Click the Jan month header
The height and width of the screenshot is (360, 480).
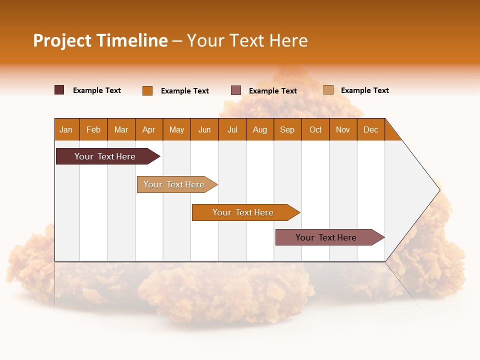coord(66,129)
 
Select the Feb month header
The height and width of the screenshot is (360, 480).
coord(93,129)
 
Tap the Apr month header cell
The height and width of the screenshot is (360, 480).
coord(149,129)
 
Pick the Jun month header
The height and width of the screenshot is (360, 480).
coord(204,129)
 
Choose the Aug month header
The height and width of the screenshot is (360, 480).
coord(260,129)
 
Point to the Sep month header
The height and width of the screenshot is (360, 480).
coord(287,129)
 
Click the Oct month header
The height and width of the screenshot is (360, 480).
coord(315,129)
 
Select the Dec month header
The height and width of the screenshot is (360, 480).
coord(371,129)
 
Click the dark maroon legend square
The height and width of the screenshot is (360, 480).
coord(59,90)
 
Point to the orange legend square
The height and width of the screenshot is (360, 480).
coord(147,90)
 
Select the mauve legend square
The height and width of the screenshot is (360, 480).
coord(236,90)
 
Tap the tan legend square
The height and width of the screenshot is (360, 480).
coord(328,90)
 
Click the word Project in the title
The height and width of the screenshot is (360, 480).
coord(62,40)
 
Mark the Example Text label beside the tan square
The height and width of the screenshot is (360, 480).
coord(364,90)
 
